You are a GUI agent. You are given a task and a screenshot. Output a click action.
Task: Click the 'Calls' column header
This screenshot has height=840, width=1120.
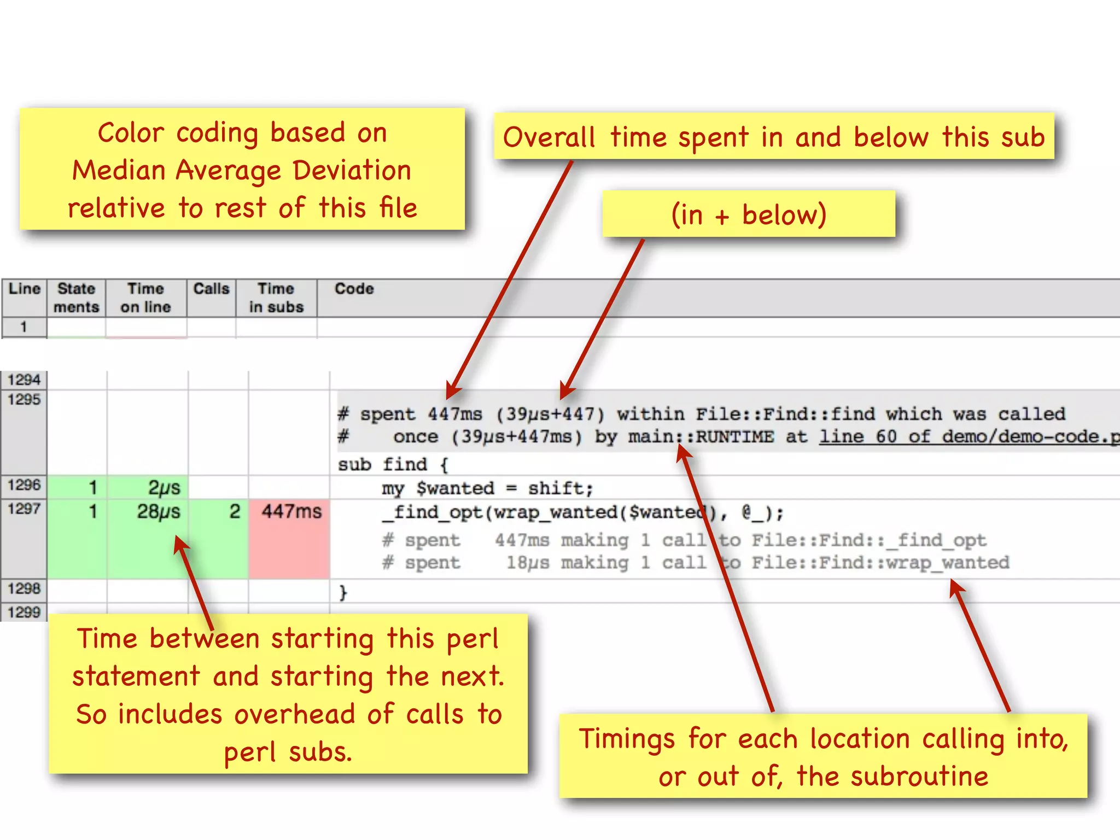click(211, 289)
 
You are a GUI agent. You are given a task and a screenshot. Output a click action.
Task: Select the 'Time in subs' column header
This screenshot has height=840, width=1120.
click(276, 297)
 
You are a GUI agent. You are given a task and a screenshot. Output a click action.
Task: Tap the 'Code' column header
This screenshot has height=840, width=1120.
click(354, 289)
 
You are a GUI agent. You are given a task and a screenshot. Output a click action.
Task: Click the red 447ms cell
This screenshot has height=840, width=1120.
click(291, 512)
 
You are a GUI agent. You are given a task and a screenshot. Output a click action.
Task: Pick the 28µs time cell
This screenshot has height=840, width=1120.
click(158, 512)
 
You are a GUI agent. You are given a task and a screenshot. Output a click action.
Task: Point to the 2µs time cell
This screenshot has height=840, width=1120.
click(164, 487)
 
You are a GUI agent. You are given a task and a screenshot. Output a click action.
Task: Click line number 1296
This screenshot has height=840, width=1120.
click(24, 485)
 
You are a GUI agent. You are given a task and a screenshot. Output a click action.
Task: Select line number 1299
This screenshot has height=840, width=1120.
click(24, 612)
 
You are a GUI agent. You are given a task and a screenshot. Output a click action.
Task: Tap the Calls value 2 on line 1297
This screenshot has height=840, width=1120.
click(235, 512)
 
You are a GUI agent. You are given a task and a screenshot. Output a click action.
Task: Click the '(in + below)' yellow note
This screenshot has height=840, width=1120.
click(748, 214)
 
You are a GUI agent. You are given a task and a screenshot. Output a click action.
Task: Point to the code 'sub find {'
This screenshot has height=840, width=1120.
click(393, 465)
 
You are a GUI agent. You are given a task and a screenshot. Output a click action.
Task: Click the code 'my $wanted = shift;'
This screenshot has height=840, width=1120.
click(487, 488)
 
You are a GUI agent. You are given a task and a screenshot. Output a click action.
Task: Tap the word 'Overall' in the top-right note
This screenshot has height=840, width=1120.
click(549, 137)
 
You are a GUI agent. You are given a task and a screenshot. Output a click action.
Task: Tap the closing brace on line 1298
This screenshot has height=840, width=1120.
click(343, 592)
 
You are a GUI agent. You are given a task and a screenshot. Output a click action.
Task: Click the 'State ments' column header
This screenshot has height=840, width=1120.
click(76, 297)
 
